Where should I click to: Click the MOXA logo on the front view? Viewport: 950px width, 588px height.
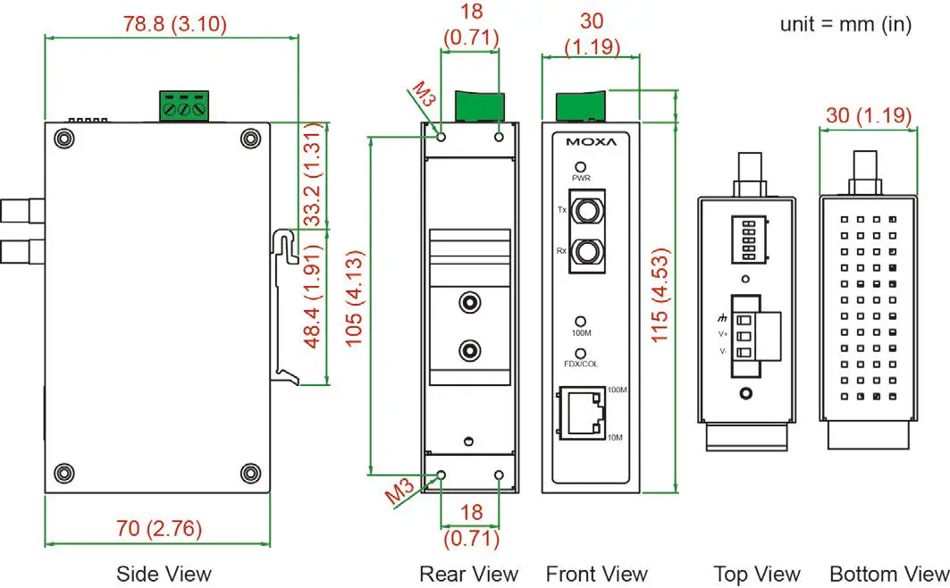590,142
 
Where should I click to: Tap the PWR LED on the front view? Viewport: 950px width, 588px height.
581,167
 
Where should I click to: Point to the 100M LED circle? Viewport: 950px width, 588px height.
581,321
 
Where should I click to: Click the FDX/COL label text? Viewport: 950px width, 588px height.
581,365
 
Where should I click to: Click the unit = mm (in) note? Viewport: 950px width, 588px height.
845,24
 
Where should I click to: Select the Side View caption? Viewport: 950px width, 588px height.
164,573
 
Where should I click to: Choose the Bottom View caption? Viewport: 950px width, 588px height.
888,573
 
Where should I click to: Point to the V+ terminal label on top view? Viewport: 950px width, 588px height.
723,334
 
